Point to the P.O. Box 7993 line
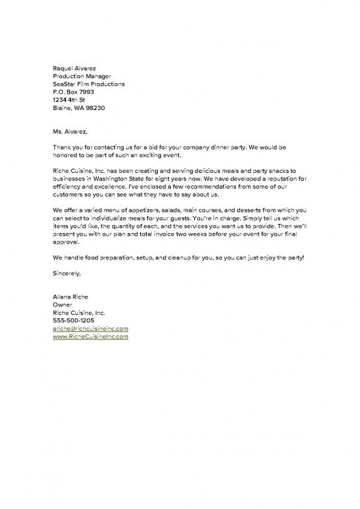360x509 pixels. pos(73,92)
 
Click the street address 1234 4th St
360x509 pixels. pos(69,100)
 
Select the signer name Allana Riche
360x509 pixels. pos(71,297)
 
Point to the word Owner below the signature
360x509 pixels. pos(62,305)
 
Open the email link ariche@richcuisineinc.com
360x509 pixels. pos(90,328)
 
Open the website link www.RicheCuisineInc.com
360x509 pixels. pos(90,336)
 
